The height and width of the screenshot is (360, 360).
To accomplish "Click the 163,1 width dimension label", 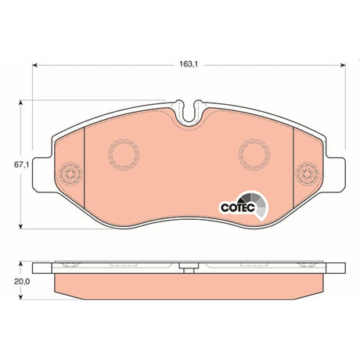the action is [189, 64].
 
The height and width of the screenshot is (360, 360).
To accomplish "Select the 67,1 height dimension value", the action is [21, 164].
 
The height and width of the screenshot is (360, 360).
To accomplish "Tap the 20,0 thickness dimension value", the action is [22, 281].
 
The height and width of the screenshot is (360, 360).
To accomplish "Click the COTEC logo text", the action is [238, 207].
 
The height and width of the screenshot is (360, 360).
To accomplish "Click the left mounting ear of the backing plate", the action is [42, 175].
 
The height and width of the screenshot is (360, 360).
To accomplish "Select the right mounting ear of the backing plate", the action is [336, 175].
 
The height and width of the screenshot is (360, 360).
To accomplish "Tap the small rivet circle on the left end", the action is [70, 174].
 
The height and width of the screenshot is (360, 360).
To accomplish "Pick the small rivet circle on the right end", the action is [307, 174].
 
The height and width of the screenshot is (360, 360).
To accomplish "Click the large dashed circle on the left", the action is [124, 154].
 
